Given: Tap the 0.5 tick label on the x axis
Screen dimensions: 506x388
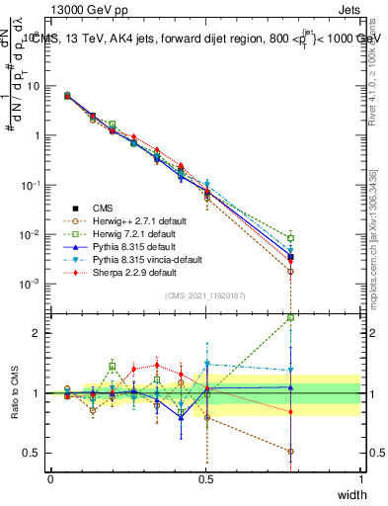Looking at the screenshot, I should pos(205,477).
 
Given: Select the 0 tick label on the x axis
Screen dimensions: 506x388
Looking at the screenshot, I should pos(50,477).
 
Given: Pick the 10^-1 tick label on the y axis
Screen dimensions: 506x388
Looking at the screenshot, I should pos(30,185).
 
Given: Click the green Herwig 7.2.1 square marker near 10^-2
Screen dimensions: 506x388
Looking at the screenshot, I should pos(290,237).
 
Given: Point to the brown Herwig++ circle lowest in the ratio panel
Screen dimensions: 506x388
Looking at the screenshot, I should pos(290,452).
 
